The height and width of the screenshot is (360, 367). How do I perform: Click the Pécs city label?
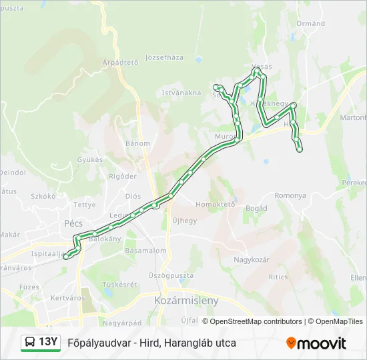coord(73,224)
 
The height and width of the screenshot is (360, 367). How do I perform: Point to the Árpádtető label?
coord(120,63)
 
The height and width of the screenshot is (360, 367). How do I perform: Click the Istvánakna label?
coord(181,93)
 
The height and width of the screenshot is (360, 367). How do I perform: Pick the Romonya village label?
coord(290,196)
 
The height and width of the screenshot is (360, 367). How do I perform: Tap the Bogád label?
coord(256,209)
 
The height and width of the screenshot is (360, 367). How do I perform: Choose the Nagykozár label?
coord(252,259)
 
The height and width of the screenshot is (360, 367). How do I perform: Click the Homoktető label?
coord(216,205)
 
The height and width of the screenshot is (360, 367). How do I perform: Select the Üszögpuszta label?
coord(171,275)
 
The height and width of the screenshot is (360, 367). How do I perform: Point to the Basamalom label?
coord(145,251)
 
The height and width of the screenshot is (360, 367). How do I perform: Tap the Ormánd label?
coord(311,23)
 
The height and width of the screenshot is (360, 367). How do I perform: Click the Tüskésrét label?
coord(121,283)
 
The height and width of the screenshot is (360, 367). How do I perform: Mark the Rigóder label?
coord(122,176)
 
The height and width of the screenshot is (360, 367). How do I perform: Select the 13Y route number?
coord(48,343)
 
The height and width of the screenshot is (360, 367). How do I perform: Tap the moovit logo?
coord(316,343)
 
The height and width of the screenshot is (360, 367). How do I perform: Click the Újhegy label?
coord(185,221)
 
